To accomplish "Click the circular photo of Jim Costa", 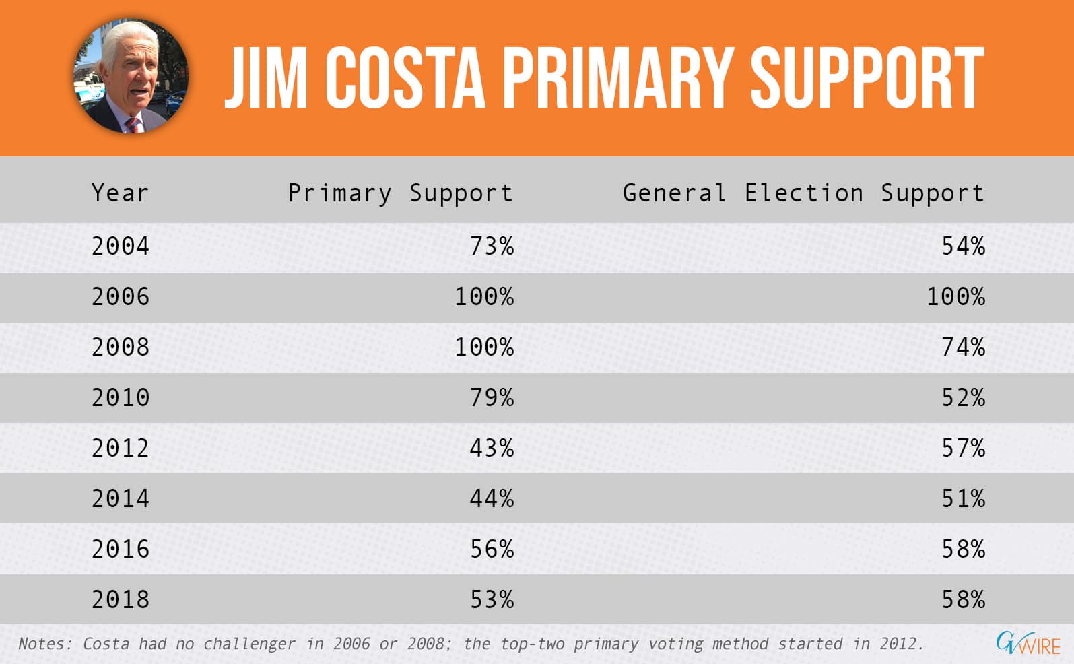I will (131, 76).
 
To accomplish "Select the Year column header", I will (120, 193).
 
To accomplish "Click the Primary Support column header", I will (401, 194).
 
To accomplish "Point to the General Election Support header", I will (803, 194).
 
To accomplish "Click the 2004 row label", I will (121, 246).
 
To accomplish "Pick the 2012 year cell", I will (121, 448).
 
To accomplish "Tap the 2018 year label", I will (121, 599).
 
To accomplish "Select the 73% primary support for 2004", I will (492, 246).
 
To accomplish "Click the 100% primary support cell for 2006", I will (484, 296).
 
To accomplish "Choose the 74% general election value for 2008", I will (963, 347).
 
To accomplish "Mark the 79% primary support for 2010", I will (492, 397).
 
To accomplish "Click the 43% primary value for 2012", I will (492, 448).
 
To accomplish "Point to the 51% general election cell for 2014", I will (963, 498).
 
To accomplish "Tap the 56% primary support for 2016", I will (492, 549).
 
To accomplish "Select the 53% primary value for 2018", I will (492, 599).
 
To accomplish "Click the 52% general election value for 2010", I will (963, 397).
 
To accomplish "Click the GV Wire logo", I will (1028, 643).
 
